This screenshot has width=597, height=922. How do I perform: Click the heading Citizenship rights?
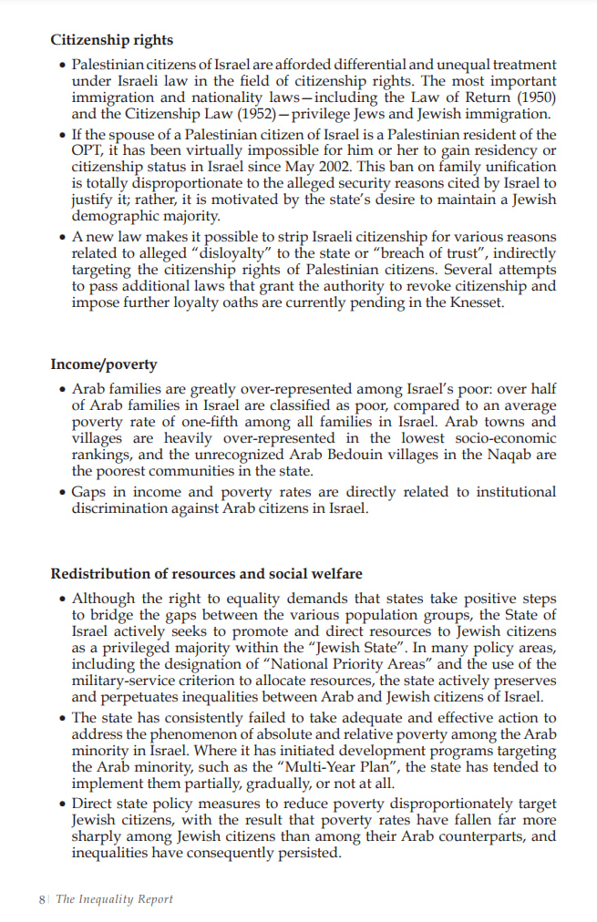pos(111,40)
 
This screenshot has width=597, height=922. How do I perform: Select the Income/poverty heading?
pos(103,364)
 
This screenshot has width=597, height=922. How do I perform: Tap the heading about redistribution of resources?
pos(206,574)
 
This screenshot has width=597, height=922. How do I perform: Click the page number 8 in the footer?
pos(42,899)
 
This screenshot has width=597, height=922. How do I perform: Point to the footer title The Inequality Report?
pos(114,899)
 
